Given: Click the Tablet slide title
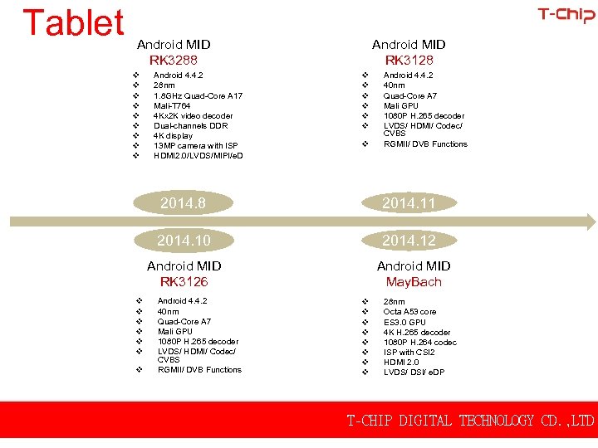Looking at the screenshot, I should click(73, 23).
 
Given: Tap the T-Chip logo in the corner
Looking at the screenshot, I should click(566, 15).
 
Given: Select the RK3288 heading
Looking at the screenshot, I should click(174, 60).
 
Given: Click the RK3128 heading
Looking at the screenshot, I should click(409, 60).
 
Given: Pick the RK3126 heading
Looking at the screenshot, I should click(184, 282).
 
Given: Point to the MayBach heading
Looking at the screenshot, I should click(414, 282).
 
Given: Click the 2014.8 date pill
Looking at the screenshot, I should click(183, 203).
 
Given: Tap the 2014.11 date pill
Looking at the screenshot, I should click(409, 203).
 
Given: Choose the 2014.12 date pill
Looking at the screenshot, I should click(409, 241).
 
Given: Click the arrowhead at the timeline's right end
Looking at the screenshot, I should click(591, 222).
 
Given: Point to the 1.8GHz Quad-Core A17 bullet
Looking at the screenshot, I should click(198, 95).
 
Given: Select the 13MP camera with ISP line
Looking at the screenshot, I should click(195, 146).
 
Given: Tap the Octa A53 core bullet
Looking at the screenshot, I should click(409, 312).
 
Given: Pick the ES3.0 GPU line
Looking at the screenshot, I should click(404, 322).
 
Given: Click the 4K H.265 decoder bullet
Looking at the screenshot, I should click(416, 332).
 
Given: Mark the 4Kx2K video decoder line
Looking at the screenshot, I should click(193, 116).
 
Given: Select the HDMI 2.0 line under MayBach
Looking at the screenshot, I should click(401, 362).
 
